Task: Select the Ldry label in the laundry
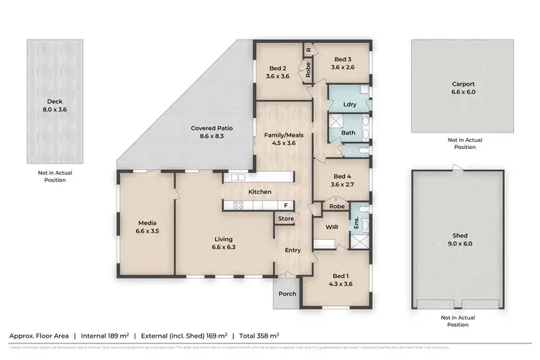(x=350, y=104)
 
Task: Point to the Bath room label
(x=348, y=133)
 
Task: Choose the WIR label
(x=332, y=227)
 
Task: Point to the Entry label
(x=293, y=251)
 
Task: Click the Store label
(x=286, y=219)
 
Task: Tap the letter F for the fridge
(x=285, y=205)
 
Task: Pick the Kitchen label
(x=259, y=192)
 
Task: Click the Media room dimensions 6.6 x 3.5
(x=146, y=231)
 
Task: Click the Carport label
(x=453, y=84)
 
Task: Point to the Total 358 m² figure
(x=259, y=335)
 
